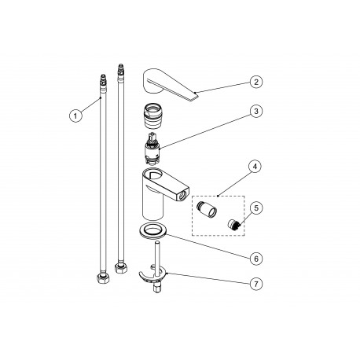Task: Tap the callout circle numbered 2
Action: coord(255,81)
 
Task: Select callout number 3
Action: coord(255,112)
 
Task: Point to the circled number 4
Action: coord(255,167)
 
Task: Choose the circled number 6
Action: coord(255,256)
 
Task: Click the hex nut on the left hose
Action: coord(103,277)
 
